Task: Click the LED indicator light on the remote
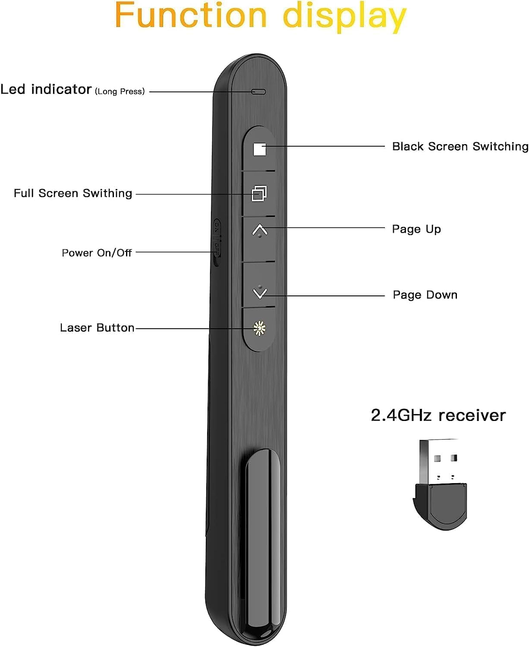(x=259, y=92)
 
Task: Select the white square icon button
(x=259, y=149)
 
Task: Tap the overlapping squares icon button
(x=259, y=193)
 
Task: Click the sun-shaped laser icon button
(x=259, y=328)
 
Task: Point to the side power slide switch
(x=217, y=242)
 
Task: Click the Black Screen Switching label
(x=460, y=147)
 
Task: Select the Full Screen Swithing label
(x=73, y=193)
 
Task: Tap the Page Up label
(x=416, y=229)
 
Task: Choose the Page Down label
(x=425, y=295)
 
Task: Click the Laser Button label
(x=97, y=328)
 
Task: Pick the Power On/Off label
(x=97, y=253)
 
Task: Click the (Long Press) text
(x=120, y=91)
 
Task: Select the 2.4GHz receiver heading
(x=438, y=415)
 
